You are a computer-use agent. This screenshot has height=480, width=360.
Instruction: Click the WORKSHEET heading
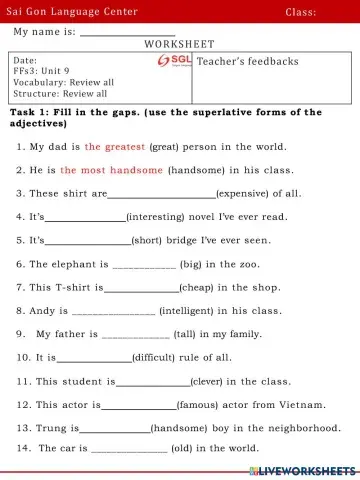(x=180, y=45)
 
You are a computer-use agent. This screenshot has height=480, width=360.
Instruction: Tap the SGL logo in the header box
(x=175, y=61)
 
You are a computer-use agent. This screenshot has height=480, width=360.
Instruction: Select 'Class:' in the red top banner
(x=300, y=11)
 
